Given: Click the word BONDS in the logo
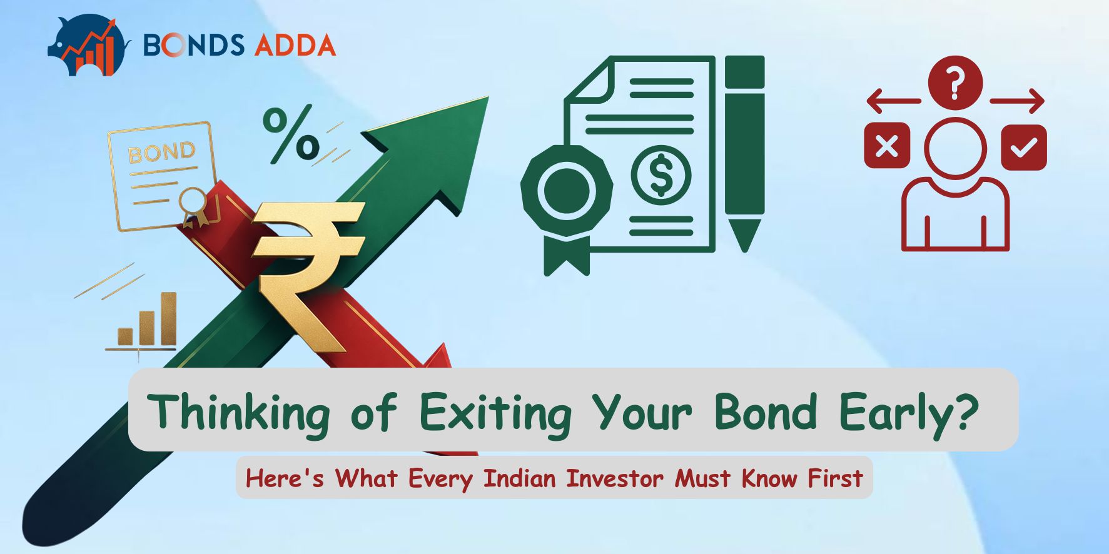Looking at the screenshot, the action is point(193,45).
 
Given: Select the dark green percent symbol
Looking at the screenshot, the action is point(291,134).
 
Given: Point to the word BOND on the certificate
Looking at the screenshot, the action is point(161,152).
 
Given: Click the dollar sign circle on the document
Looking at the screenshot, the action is point(661,176).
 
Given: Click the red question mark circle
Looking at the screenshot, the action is point(955,83).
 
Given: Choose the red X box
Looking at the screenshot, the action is point(886,146).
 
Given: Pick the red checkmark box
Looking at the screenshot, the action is point(1023,146).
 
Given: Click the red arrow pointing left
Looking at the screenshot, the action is point(894,101).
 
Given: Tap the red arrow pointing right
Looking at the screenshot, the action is point(1017,101).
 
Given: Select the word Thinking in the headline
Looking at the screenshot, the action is point(239,413).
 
